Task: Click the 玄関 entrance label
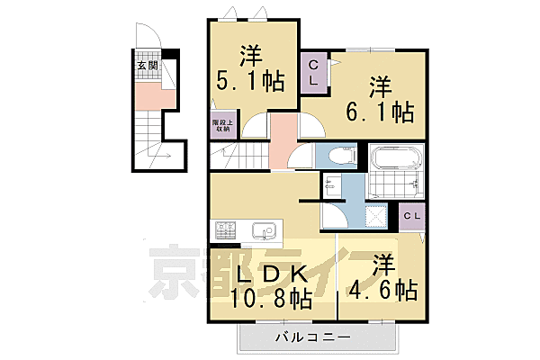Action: coord(147,67)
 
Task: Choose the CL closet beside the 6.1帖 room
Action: coord(314,73)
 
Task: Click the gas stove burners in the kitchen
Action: coord(225,231)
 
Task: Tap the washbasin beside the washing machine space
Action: coord(332,186)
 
